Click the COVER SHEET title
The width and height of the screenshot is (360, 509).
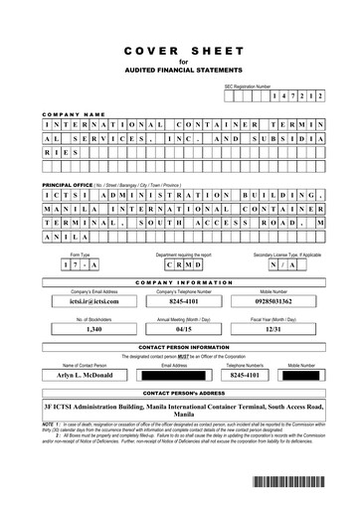point(179,49)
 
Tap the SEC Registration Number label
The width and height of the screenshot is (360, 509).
point(247,87)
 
